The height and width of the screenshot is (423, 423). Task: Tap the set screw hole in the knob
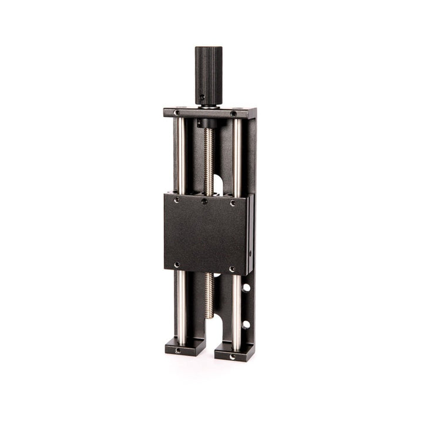(x=202, y=97)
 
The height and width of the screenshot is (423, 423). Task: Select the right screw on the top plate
(x=233, y=113)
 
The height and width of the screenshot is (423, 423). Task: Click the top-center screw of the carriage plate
(x=204, y=202)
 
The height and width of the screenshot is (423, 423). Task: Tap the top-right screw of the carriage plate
(x=233, y=203)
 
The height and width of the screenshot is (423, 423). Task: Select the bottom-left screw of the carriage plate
(x=177, y=265)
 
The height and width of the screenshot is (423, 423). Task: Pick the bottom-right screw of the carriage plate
(x=232, y=269)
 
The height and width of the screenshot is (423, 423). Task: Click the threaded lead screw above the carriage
(x=208, y=159)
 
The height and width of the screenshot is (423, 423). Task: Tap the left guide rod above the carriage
(x=182, y=156)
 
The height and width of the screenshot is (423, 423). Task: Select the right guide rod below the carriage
(x=236, y=311)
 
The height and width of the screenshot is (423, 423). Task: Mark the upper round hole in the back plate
(x=246, y=288)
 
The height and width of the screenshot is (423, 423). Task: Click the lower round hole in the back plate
(x=246, y=324)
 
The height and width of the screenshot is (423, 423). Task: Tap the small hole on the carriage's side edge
(x=250, y=253)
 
